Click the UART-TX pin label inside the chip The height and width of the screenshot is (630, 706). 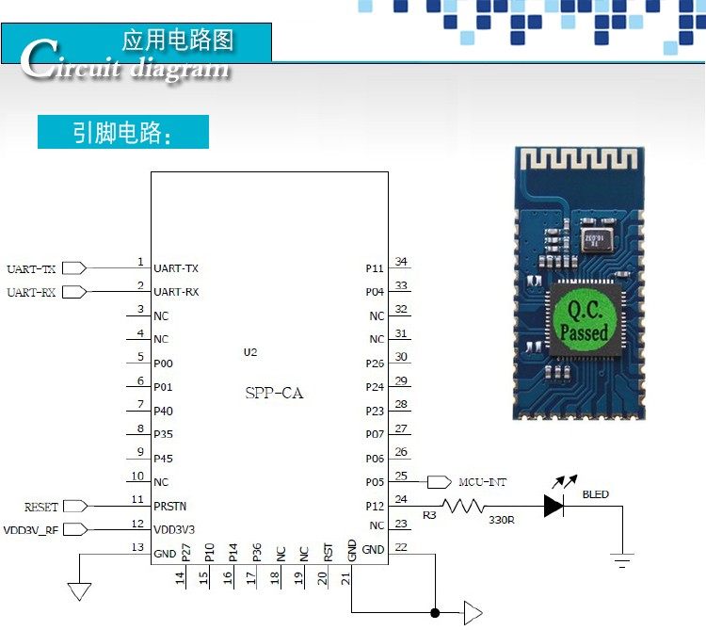pyautogui.click(x=176, y=268)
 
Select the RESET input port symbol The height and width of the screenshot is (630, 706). pyautogui.click(x=75, y=507)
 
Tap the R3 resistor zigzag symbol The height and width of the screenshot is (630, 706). pyautogui.click(x=463, y=507)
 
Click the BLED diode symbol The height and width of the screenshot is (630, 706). pyautogui.click(x=554, y=507)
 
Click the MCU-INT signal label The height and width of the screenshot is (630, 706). pyautogui.click(x=482, y=482)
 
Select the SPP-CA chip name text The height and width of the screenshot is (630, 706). pyautogui.click(x=274, y=394)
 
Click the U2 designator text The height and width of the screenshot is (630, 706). pyautogui.click(x=249, y=352)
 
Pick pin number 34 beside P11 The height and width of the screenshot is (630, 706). pyautogui.click(x=401, y=262)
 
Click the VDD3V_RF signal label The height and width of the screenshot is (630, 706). pyautogui.click(x=31, y=530)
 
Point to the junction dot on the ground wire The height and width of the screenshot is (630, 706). pyautogui.click(x=434, y=614)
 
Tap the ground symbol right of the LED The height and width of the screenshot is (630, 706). pyautogui.click(x=621, y=562)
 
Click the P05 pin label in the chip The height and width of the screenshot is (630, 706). pyautogui.click(x=375, y=482)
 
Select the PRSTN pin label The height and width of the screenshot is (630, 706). pyautogui.click(x=169, y=506)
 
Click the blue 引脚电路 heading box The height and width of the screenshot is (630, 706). pyautogui.click(x=122, y=133)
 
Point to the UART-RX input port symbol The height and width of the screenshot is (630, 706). pyautogui.click(x=75, y=292)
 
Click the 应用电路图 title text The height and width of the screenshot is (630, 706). pyautogui.click(x=178, y=40)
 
